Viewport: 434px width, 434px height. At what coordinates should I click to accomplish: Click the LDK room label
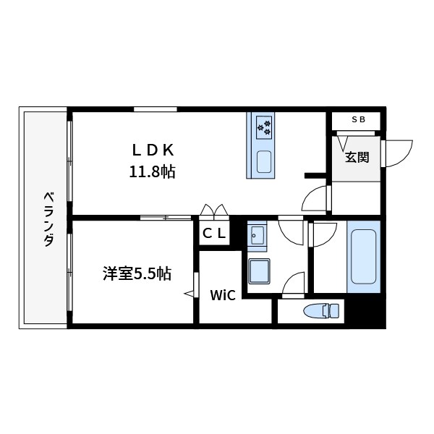(153, 150)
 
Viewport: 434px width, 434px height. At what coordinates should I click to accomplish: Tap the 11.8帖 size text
(153, 172)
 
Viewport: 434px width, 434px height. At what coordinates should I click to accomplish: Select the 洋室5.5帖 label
(137, 273)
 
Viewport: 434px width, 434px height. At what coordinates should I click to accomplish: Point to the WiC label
(221, 294)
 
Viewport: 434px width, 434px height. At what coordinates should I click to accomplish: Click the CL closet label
(214, 233)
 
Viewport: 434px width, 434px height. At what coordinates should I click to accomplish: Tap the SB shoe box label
(359, 120)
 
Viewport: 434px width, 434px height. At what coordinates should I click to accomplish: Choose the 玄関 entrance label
(357, 156)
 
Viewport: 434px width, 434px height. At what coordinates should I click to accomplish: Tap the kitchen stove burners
(263, 128)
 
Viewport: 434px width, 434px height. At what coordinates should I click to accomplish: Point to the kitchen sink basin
(263, 161)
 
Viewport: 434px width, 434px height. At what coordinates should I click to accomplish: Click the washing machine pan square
(258, 273)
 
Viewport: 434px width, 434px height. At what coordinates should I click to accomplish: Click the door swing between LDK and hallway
(315, 197)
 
